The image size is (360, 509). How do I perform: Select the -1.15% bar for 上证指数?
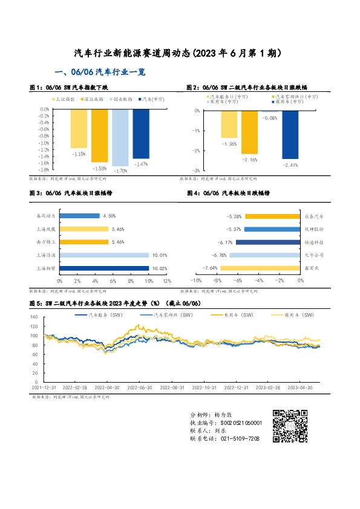(78, 129)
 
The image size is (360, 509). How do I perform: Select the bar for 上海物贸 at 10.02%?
(103, 268)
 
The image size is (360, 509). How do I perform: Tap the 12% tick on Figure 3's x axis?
(166, 281)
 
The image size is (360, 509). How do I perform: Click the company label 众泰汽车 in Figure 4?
(314, 216)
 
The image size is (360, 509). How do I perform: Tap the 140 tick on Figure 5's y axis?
(34, 316)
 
